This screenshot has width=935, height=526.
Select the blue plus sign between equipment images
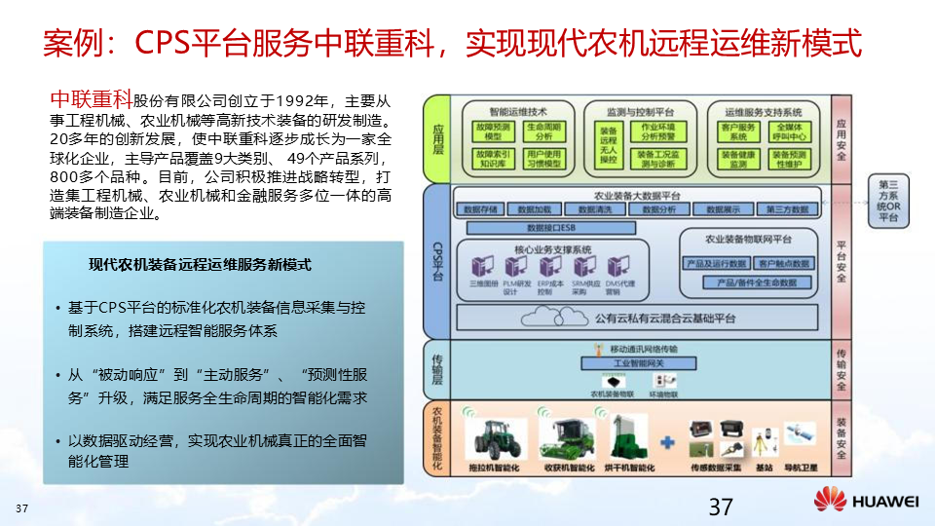[x=667, y=443]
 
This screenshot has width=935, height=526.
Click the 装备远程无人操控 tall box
[x=609, y=143]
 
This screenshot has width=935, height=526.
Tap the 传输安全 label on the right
[x=841, y=366]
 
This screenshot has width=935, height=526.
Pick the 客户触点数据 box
[x=783, y=263]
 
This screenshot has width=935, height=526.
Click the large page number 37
[x=720, y=507]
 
